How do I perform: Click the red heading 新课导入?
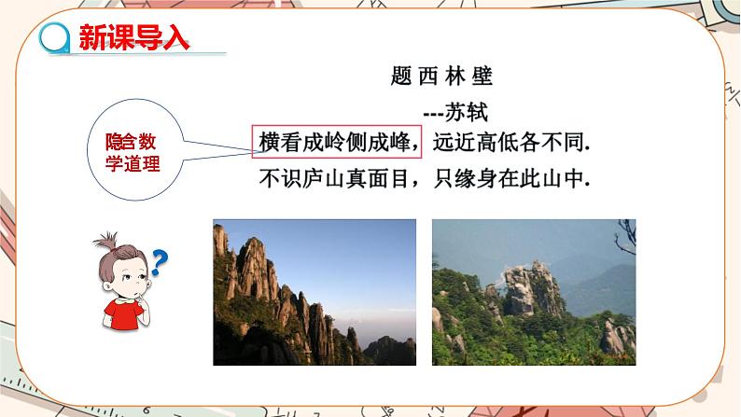(134, 36)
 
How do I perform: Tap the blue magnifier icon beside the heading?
(55, 37)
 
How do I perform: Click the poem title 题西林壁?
(441, 76)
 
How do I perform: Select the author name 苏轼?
(466, 112)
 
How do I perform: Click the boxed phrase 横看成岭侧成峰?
(335, 142)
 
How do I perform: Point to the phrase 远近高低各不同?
(511, 142)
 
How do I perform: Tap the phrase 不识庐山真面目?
(334, 179)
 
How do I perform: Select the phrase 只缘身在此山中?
(511, 179)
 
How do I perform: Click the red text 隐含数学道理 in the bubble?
(133, 153)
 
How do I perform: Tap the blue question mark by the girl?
(160, 262)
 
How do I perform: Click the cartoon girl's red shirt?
(124, 314)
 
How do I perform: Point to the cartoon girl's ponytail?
(105, 241)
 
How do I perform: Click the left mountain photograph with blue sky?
(315, 292)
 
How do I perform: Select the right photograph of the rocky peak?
(534, 292)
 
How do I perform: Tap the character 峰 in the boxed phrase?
(400, 142)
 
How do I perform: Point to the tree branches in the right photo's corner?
(625, 236)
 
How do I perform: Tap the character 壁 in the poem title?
(482, 76)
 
